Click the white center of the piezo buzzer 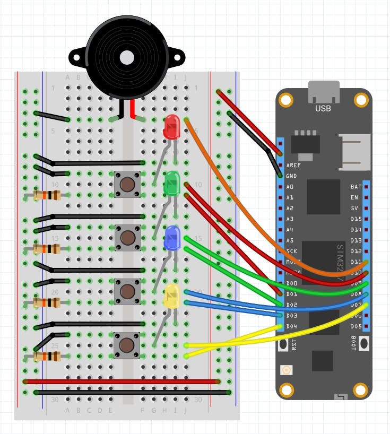[126, 57]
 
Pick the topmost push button [127, 184]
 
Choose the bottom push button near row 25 [127, 345]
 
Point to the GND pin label [292, 176]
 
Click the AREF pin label [293, 166]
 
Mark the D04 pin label [292, 326]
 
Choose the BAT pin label [356, 187]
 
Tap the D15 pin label [356, 219]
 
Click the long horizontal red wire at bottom [122, 381]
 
